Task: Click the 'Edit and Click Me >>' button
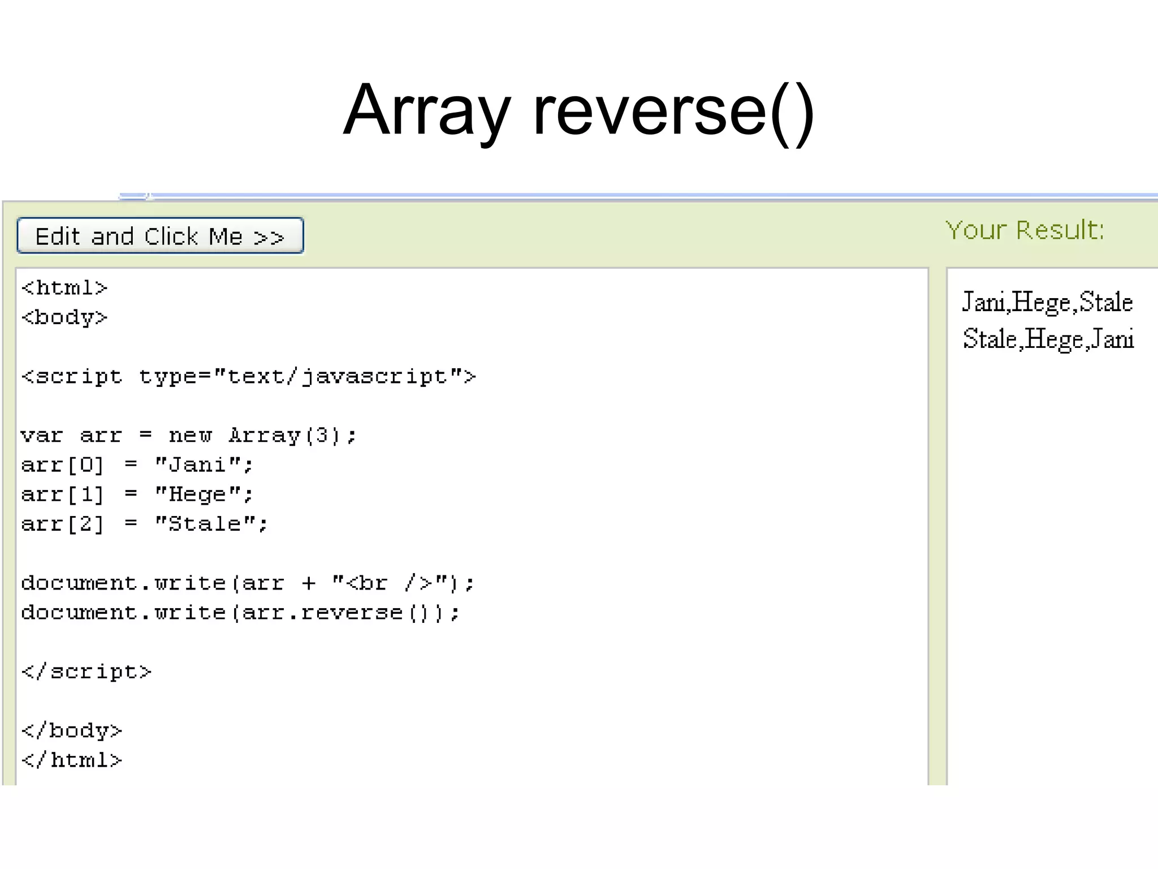160,235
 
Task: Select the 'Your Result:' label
1025,230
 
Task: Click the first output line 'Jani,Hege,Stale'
1047,302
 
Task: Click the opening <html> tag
64,288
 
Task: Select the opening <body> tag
64,317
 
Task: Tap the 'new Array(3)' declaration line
188,436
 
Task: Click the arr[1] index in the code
63,494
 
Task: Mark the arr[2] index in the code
63,524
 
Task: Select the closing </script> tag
86,672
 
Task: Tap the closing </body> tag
71,730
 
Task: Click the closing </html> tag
71,760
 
